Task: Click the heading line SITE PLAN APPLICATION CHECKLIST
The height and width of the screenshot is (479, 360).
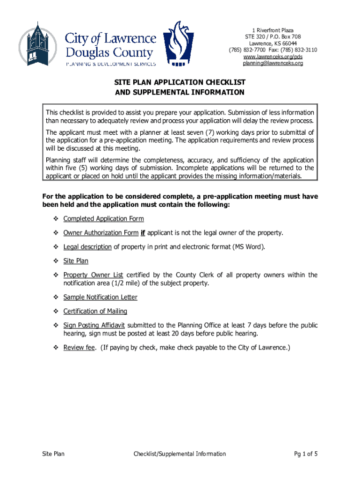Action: [180, 82]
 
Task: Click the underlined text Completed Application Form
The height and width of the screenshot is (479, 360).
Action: [103, 218]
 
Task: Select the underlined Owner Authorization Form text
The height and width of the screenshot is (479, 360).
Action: [101, 233]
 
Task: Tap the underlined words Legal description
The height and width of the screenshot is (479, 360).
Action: [87, 247]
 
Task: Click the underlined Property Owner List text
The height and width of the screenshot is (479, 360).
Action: [93, 275]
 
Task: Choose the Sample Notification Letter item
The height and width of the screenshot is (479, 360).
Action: [100, 297]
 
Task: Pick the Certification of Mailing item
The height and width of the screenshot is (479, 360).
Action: [95, 311]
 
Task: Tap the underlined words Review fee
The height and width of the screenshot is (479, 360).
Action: [79, 348]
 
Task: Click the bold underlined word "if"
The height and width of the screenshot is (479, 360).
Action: [143, 233]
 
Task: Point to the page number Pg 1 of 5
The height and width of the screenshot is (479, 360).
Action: [306, 454]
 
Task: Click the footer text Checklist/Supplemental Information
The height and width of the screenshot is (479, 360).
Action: [180, 454]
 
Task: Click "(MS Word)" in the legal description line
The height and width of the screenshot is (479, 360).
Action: [248, 247]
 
